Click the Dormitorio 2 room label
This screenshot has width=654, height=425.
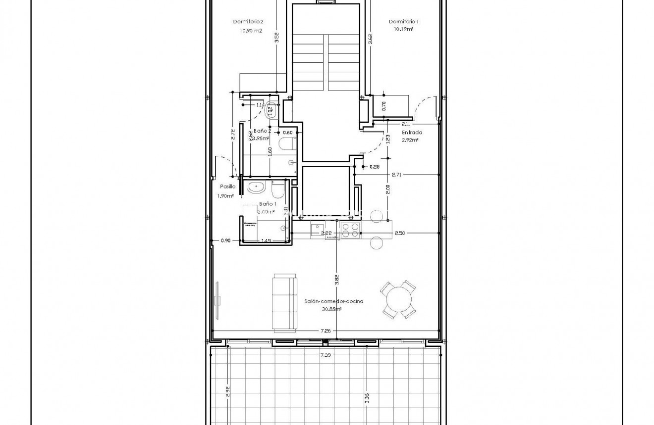(x=248, y=21)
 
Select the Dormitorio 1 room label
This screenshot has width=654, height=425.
(x=404, y=21)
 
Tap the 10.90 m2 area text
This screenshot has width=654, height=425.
(x=250, y=31)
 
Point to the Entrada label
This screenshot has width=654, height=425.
(x=412, y=133)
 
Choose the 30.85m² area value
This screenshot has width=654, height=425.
(x=331, y=309)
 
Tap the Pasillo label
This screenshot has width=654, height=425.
(x=227, y=187)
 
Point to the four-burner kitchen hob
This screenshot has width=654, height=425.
(x=350, y=230)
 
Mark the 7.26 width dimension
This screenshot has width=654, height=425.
(x=325, y=331)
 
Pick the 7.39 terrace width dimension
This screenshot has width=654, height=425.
(x=325, y=355)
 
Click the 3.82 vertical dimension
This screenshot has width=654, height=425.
(x=336, y=280)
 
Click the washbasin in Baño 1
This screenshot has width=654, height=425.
(x=256, y=187)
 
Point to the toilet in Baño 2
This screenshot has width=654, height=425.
(x=286, y=144)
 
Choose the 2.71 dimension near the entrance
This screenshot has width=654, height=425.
(x=397, y=175)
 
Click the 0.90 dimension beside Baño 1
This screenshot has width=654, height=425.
(x=225, y=240)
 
